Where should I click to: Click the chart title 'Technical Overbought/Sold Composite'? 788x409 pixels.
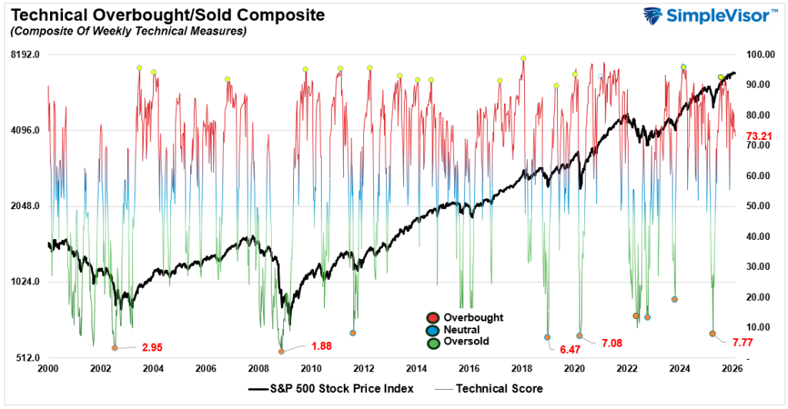click(163, 15)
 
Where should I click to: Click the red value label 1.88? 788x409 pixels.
click(321, 346)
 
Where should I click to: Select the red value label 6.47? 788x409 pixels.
click(569, 349)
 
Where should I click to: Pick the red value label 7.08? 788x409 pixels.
click(611, 342)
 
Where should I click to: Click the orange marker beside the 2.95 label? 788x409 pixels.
click(115, 347)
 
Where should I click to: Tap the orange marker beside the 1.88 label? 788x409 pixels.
click(282, 351)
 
